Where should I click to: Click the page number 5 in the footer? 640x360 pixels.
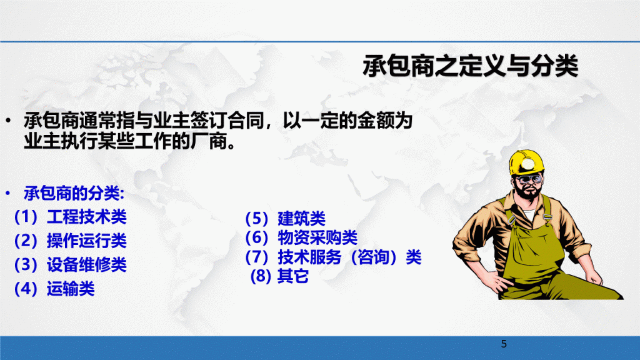coord(504,344)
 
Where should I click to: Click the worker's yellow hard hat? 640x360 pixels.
coord(526,162)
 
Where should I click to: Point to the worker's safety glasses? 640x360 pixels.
coord(529,179)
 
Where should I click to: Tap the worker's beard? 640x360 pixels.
coord(529,191)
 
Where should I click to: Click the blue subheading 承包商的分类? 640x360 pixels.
coord(74,193)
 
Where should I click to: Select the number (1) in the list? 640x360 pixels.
coord(26,216)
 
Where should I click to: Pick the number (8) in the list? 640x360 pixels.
coord(261,276)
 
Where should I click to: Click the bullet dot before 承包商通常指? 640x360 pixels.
coord(8,121)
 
